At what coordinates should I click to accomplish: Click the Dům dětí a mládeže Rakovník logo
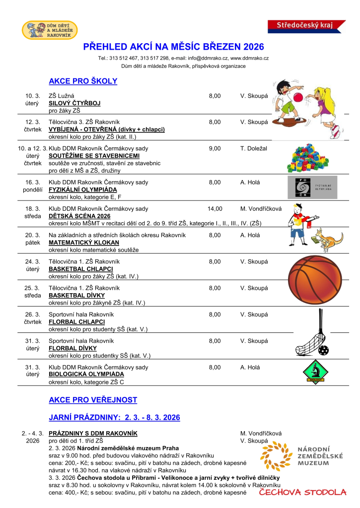[50, 30]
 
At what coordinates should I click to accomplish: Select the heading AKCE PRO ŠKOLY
[83, 81]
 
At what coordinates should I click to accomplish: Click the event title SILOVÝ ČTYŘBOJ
[74, 103]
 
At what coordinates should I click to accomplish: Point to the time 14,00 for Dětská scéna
[215, 209]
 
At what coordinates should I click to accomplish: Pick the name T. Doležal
[254, 148]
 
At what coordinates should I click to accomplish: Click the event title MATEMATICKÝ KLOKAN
[84, 243]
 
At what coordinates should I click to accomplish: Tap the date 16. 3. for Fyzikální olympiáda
[32, 182]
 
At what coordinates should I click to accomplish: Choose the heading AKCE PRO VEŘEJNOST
[93, 400]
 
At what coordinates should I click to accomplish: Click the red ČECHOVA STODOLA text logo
[302, 493]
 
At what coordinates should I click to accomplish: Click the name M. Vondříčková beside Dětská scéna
[261, 209]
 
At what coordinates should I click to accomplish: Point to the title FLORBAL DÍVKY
[73, 348]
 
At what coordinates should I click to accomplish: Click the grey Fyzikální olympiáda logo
[312, 187]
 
